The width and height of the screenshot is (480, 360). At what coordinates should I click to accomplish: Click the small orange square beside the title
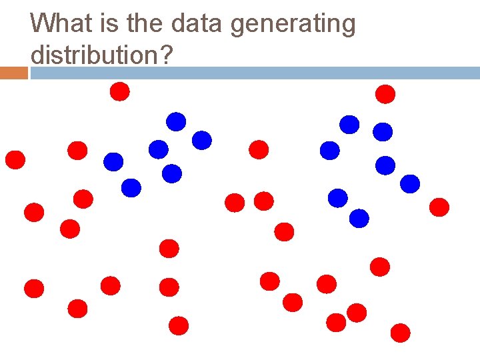coord(14,73)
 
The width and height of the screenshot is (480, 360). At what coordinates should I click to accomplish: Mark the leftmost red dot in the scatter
coord(15,160)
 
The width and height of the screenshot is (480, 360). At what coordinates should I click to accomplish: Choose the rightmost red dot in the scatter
coord(439,207)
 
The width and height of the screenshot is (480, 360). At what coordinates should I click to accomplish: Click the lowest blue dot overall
coord(359,218)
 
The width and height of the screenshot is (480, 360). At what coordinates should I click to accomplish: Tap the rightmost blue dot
coord(410,183)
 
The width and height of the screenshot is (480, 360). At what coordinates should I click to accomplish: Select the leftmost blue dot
coord(114,161)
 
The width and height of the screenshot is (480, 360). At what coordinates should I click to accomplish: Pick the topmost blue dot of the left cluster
coord(176,121)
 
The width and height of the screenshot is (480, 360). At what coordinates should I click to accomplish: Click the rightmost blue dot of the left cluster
coord(202,140)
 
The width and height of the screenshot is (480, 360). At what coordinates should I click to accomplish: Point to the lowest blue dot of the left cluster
coord(131,188)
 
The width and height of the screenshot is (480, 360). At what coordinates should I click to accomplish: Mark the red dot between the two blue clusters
coord(259,149)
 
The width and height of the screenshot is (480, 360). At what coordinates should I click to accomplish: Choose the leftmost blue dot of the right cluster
coord(330,151)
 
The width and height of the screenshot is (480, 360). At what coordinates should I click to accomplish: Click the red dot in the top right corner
coord(385,94)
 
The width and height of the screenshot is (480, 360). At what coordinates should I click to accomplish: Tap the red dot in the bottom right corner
coord(401,332)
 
